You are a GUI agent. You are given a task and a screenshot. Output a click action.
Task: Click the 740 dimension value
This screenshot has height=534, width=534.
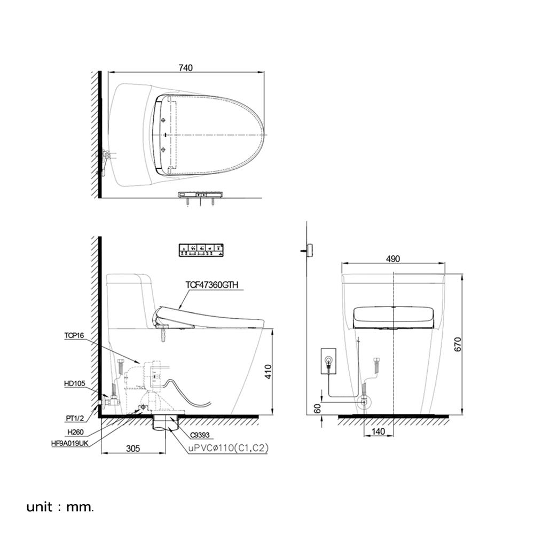coord(185,67)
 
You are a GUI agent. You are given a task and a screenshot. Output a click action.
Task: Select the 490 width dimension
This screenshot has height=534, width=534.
coord(392,259)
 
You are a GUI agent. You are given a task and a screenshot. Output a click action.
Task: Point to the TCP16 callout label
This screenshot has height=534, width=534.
coord(74,335)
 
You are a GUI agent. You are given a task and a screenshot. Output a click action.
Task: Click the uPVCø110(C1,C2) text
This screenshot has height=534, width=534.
coord(228,450)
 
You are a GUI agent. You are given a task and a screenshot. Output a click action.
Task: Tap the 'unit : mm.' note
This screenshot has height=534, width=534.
coord(60,506)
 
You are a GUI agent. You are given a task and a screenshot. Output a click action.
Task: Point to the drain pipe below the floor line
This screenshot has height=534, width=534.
coord(166,425)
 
